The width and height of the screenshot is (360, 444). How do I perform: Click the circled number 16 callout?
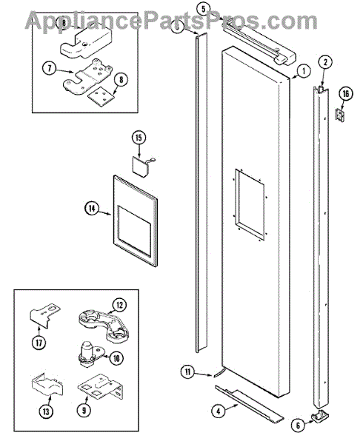pos(345,94)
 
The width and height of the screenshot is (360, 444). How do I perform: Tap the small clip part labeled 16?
pos(340,115)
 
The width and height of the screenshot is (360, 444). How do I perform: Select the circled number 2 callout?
pos(325,62)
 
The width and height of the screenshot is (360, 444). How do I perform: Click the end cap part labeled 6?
pos(321,416)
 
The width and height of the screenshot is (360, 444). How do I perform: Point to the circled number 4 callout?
pos(219,411)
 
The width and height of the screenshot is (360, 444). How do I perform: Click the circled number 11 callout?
pos(188,371)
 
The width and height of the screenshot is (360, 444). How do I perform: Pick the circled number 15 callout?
pos(139,138)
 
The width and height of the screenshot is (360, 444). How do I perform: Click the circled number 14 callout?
pos(92,209)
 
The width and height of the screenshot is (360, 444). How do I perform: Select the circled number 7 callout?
pos(50,69)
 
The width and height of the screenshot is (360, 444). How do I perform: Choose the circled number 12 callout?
pos(119,306)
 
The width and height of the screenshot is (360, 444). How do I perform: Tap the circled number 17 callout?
pos(39,343)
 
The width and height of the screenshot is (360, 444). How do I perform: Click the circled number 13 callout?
pos(46,411)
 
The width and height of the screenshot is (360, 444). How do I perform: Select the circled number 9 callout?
pos(84,410)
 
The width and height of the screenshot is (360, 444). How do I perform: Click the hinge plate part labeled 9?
pos(100,387)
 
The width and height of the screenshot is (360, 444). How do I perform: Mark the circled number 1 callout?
pos(304,71)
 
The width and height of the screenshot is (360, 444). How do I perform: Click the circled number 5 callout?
pos(204,9)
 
